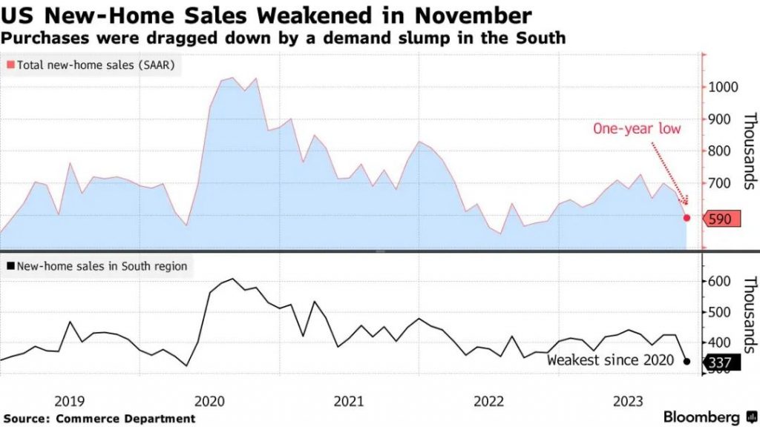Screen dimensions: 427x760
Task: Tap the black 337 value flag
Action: click(x=720, y=363)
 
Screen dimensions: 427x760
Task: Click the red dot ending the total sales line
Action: click(x=687, y=218)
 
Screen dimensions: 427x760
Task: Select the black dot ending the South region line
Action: click(x=687, y=362)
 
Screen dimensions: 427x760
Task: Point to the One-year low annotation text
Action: click(x=637, y=128)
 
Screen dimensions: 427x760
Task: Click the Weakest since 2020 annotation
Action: click(x=610, y=361)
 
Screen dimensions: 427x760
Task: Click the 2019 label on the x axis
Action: click(x=70, y=401)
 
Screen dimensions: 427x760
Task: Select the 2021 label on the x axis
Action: click(x=349, y=401)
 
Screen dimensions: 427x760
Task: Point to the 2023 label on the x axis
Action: click(x=628, y=401)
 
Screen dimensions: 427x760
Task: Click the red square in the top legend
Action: click(x=10, y=65)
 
